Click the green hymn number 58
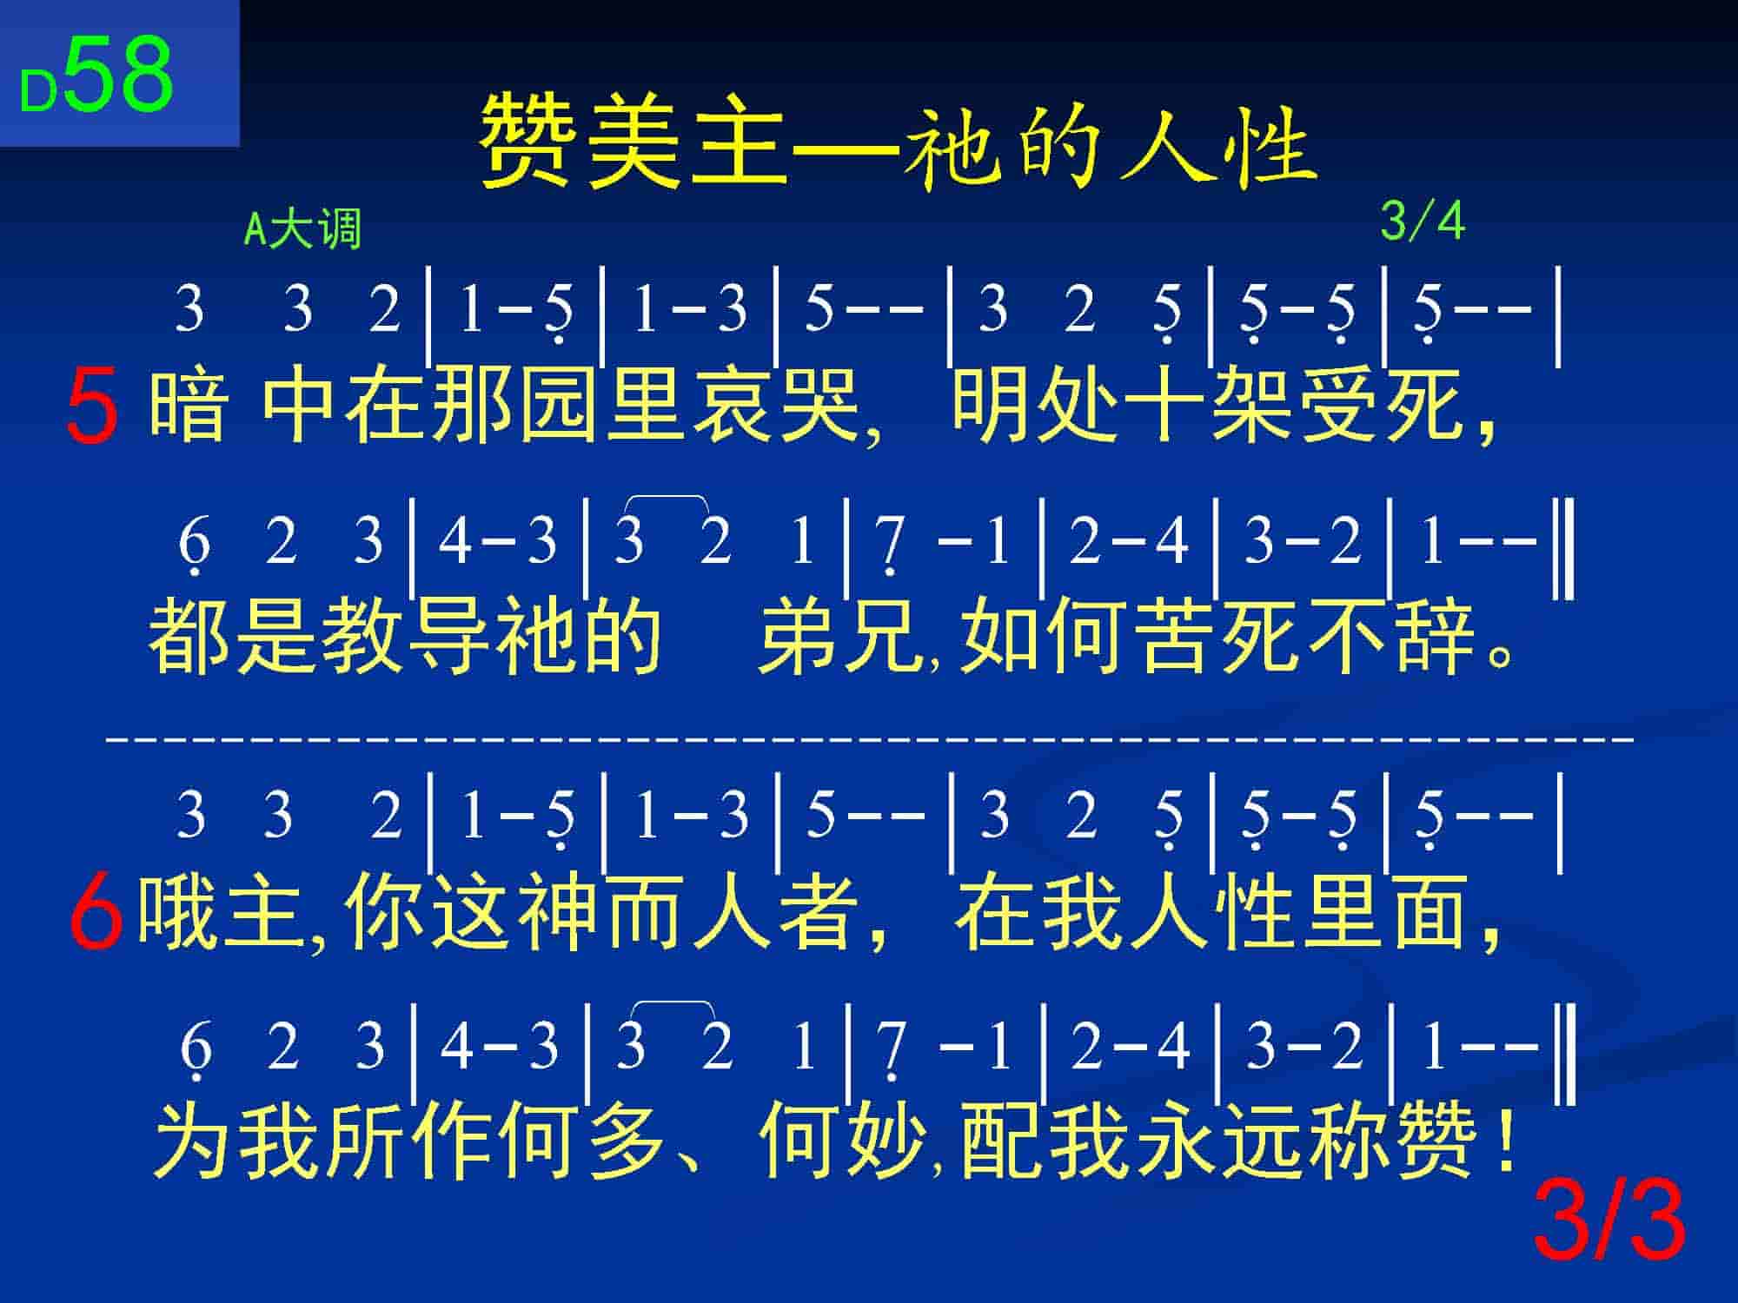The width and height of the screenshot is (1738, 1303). pyautogui.click(x=119, y=74)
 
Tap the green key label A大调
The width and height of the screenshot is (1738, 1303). pyautogui.click(x=302, y=229)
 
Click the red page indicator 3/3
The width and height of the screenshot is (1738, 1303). pyautogui.click(x=1609, y=1222)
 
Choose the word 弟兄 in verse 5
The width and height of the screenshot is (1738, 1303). pyautogui.click(x=840, y=637)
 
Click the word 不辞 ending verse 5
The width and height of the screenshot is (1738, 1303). pyautogui.click(x=1390, y=637)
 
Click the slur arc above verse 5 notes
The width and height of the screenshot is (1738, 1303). pyautogui.click(x=667, y=498)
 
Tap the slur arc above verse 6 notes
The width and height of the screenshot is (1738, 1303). pyautogui.click(x=672, y=1005)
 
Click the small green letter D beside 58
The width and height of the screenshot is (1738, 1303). pyautogui.click(x=38, y=90)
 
